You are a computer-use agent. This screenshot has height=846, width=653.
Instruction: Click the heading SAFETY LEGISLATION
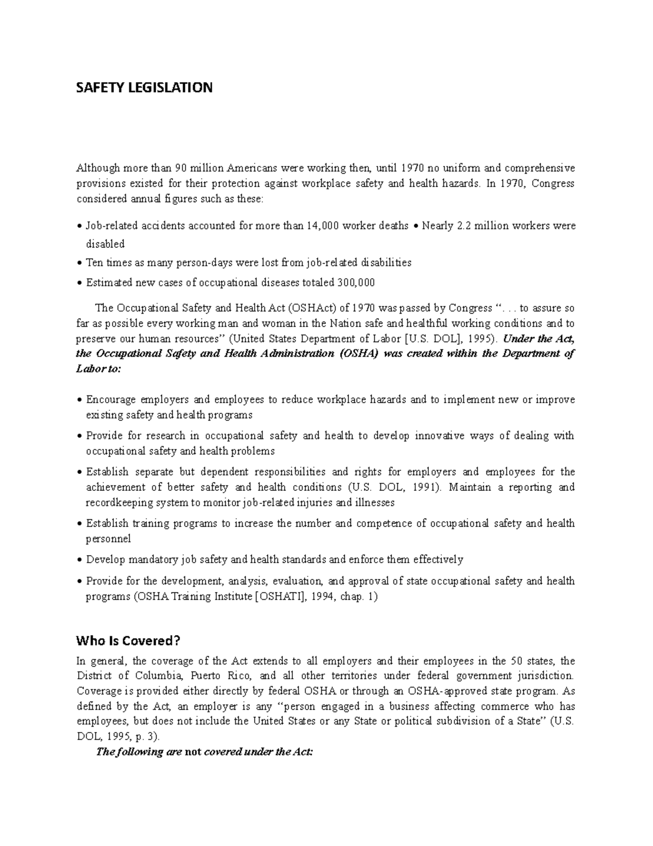pyautogui.click(x=144, y=88)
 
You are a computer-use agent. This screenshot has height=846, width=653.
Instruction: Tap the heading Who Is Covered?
pyautogui.click(x=128, y=640)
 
